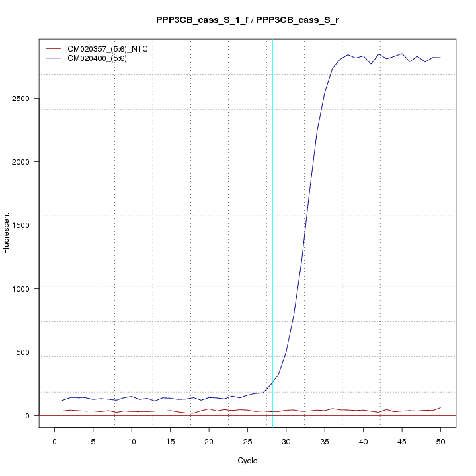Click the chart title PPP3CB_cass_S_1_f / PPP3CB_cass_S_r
(x=247, y=20)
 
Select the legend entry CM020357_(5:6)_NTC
(x=112, y=48)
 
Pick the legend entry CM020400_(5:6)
(x=102, y=58)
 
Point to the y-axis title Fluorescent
(x=7, y=233)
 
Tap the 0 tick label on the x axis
(x=54, y=441)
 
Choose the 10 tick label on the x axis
(x=132, y=441)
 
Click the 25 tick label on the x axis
(x=247, y=441)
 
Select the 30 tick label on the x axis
(x=286, y=441)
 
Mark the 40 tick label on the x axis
(x=363, y=441)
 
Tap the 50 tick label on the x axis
(x=440, y=441)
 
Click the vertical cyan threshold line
(x=272, y=231)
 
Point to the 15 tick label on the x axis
(x=170, y=441)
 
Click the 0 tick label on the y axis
(x=26, y=415)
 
